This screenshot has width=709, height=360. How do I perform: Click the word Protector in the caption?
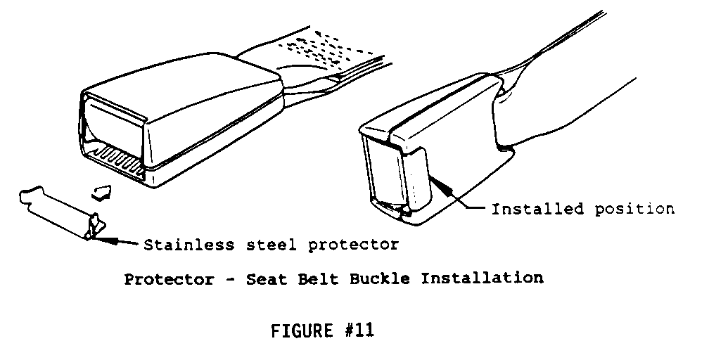coord(169,279)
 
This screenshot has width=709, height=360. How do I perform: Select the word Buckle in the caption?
coord(380,278)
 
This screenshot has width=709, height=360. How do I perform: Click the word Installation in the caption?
coord(482,278)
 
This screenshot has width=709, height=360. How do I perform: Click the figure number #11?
coord(359,330)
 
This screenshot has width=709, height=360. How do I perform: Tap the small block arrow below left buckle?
coord(102,193)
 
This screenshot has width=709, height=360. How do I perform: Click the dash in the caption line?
coord(230,280)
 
